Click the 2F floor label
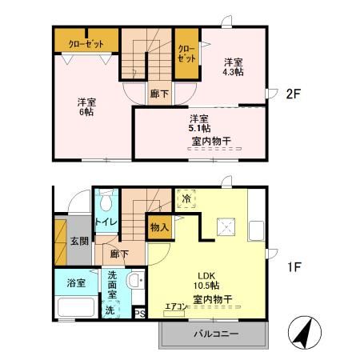tap(292, 94)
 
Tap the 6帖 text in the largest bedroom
tap(86, 113)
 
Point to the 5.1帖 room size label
tap(200, 127)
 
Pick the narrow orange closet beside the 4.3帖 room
tap(186, 54)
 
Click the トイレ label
tap(106, 221)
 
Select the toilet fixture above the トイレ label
tap(106, 200)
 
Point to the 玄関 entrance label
tap(78, 242)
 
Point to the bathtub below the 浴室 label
tap(74, 307)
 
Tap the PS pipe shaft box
tap(138, 314)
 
